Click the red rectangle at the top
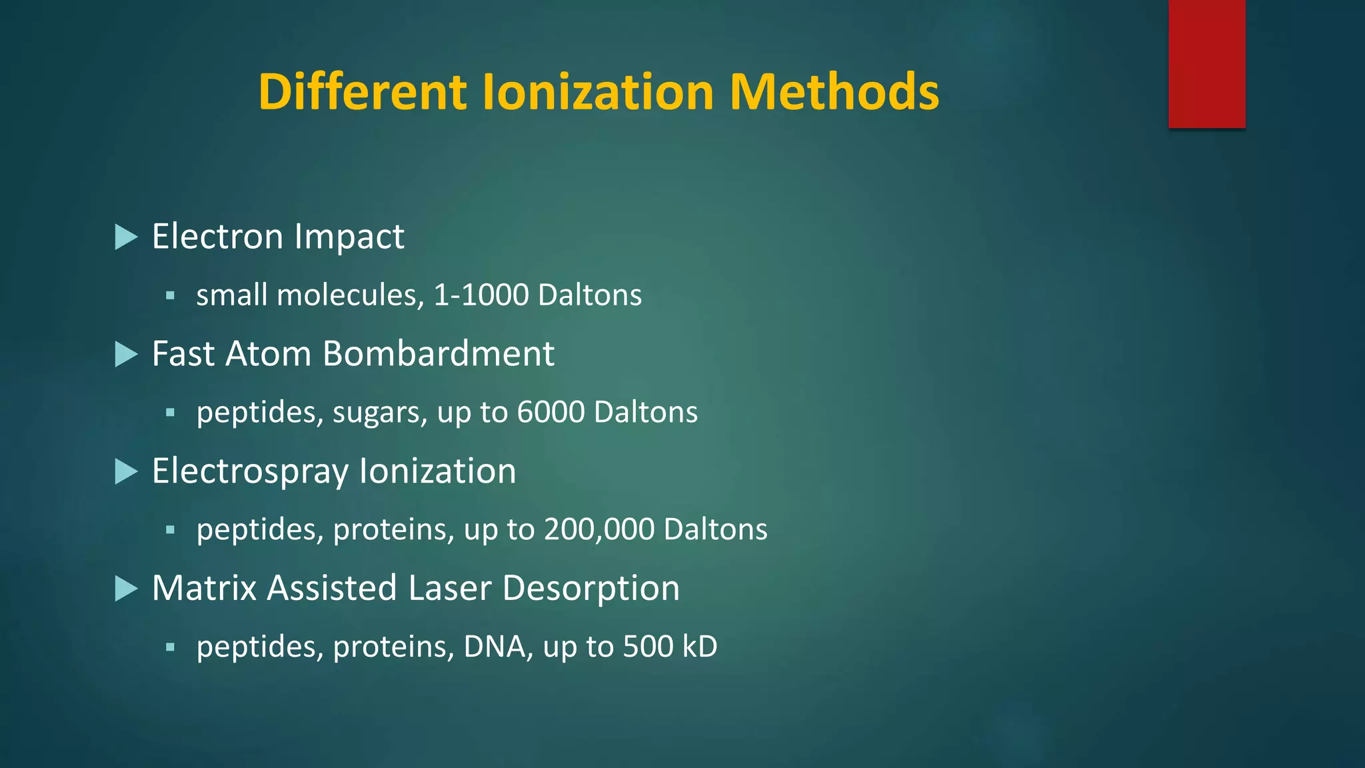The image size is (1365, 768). pos(1206,63)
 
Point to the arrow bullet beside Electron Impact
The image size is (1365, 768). pos(125,237)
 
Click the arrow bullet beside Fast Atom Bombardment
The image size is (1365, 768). pos(125,354)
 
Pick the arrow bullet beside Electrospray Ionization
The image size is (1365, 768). pos(125,471)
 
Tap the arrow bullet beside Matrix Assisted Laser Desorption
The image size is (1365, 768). pos(125,589)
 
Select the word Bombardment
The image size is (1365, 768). pos(438,353)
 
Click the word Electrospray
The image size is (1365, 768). pos(250,472)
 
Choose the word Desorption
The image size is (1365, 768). pos(591,589)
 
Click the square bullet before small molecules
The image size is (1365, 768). pos(170,295)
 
